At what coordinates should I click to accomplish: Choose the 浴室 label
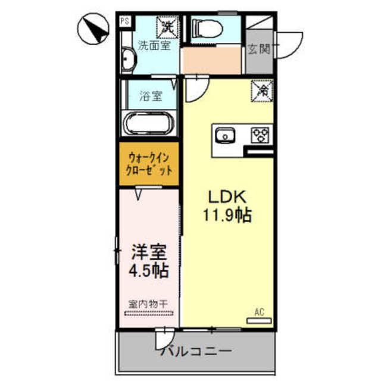(x=151, y=96)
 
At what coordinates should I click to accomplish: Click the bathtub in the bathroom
(x=148, y=124)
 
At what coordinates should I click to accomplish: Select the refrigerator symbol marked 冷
(x=262, y=90)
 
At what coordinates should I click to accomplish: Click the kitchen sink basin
(x=227, y=135)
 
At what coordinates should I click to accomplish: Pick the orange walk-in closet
(x=149, y=164)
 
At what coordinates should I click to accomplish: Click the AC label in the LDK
(x=259, y=311)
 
